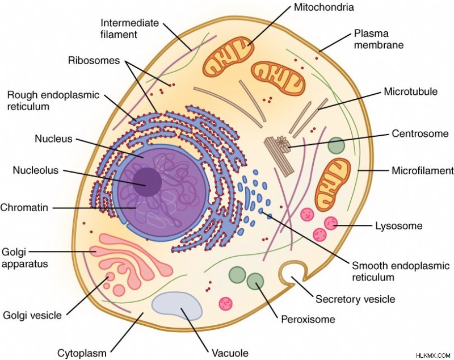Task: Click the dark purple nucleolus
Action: tap(147, 182)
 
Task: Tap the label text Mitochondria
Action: tap(324, 7)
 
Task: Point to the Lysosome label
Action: tap(399, 226)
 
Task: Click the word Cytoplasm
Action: tap(82, 353)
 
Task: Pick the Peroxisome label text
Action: tap(308, 320)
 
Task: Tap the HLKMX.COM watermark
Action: tap(432, 355)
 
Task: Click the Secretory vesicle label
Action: tap(355, 299)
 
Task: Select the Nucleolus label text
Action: tap(36, 170)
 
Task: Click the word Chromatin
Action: tap(24, 208)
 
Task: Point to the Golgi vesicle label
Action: tap(32, 315)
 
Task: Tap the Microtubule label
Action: tap(410, 91)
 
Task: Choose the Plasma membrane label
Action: tap(379, 39)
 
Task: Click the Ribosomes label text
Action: tap(94, 60)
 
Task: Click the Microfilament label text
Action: tap(422, 170)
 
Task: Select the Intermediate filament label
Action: tap(130, 28)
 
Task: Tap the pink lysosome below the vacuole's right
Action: tap(226, 304)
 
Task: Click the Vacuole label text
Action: tap(230, 353)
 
